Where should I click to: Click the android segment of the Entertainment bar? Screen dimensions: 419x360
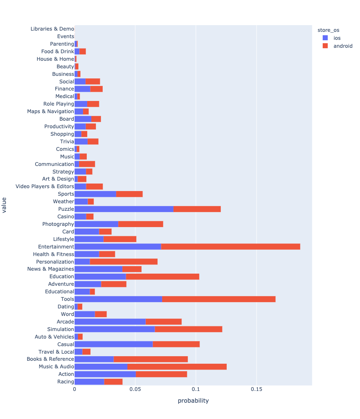[231, 246]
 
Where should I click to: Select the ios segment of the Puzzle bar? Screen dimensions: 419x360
[124, 209]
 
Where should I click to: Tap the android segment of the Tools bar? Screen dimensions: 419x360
[219, 299]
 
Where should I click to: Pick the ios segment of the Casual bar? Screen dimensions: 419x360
[114, 344]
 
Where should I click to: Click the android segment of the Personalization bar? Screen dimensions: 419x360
[124, 261]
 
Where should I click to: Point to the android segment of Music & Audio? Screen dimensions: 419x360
[177, 367]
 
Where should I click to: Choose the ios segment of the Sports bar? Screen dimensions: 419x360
[95, 194]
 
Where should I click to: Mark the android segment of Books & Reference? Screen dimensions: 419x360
[150, 359]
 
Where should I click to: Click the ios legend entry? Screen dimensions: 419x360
[337, 38]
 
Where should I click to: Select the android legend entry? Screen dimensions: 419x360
[342, 46]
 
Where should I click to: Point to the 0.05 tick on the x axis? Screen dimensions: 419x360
[135, 389]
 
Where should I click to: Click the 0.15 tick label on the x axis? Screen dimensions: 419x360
[256, 389]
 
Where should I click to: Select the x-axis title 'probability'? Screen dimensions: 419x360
[193, 401]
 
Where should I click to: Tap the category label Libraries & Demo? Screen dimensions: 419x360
[52, 29]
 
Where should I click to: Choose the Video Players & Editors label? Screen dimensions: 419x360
[45, 186]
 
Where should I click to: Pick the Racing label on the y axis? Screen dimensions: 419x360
[65, 382]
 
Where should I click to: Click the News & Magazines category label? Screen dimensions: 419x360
[51, 269]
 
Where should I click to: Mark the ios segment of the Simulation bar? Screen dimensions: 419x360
[114, 329]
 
